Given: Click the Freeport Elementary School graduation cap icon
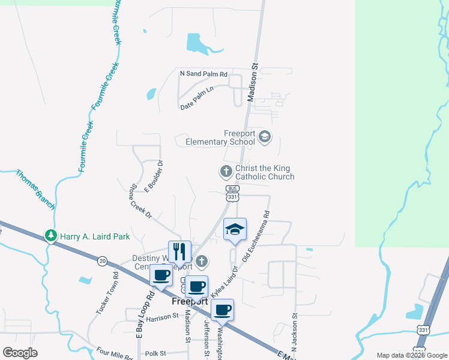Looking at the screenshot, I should coord(264,137).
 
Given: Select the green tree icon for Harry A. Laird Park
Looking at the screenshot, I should coord(53,236).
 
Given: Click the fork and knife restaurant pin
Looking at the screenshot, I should coord(179,251).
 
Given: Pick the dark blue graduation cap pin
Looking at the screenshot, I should coord(235,229).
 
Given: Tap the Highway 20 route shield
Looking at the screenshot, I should coord(103,260).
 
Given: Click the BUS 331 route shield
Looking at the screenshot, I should coord(233,193).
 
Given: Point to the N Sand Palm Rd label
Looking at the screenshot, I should coord(204,74).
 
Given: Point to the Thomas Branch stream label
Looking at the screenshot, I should coord(35,190).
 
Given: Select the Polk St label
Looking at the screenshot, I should coord(154,353).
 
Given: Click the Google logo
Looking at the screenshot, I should coord(20,352).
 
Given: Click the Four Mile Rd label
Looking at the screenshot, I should coord(114,355).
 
